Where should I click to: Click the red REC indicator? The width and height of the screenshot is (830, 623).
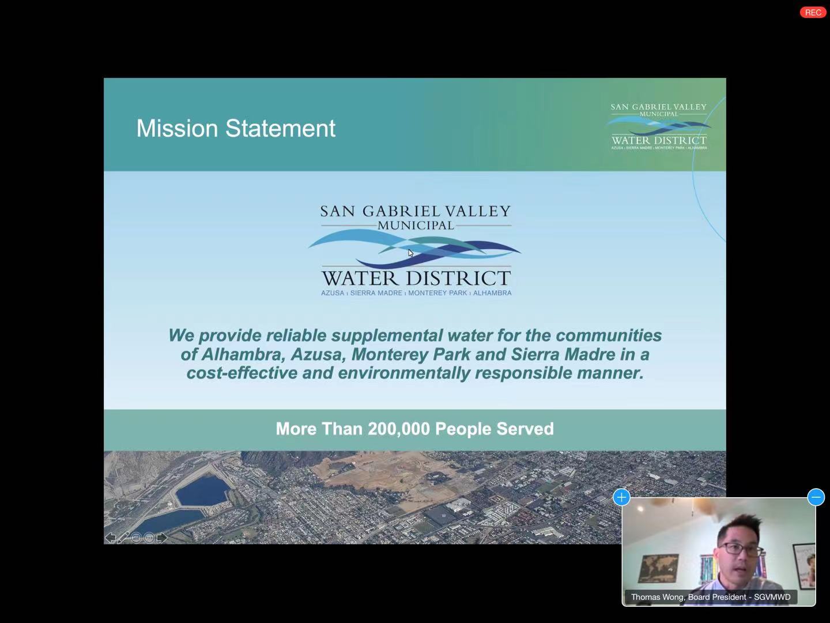pyautogui.click(x=813, y=13)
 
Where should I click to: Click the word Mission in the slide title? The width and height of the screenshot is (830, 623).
pyautogui.click(x=178, y=128)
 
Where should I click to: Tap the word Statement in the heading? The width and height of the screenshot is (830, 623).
pyautogui.click(x=280, y=128)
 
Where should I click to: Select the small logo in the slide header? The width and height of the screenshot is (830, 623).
pyautogui.click(x=659, y=126)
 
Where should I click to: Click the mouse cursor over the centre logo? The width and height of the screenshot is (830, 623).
pyautogui.click(x=410, y=253)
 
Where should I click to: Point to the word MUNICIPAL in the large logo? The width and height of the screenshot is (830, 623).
pyautogui.click(x=416, y=226)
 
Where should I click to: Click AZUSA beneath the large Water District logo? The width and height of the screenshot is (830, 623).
pyautogui.click(x=333, y=293)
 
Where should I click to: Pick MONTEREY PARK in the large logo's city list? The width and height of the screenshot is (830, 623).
pyautogui.click(x=437, y=293)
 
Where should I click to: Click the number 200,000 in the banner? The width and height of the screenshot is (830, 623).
pyautogui.click(x=398, y=429)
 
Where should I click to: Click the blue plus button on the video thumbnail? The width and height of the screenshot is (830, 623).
pyautogui.click(x=622, y=497)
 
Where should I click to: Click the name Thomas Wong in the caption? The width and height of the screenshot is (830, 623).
pyautogui.click(x=657, y=597)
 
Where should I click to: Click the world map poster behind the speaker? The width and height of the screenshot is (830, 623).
pyautogui.click(x=658, y=568)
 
